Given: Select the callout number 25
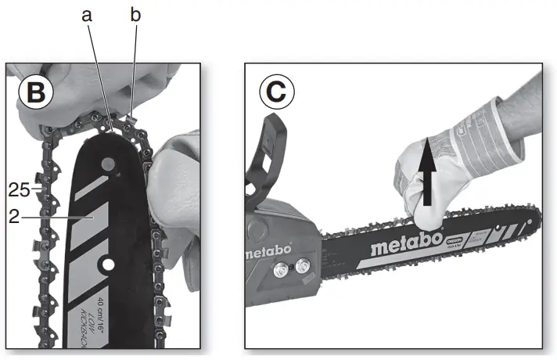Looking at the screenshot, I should point(20,189).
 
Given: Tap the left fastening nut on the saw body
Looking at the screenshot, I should point(279,272).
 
